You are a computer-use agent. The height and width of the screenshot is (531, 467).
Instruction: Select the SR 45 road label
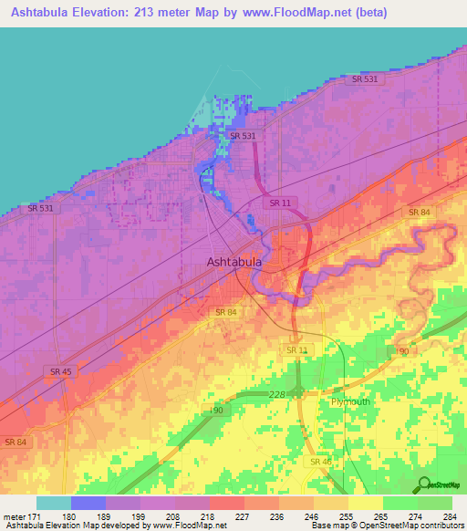[60, 371]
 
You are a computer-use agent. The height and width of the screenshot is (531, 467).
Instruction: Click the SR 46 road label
[320, 462]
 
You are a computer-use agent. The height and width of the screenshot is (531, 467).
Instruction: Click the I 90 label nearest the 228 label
[216, 411]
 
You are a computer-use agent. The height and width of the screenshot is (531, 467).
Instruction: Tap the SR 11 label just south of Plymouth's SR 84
[297, 350]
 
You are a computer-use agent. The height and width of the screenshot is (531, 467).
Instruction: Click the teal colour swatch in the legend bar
[53, 503]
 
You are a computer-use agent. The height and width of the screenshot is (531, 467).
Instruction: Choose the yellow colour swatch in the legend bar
[365, 503]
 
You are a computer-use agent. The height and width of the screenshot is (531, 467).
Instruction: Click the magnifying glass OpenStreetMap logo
[423, 484]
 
